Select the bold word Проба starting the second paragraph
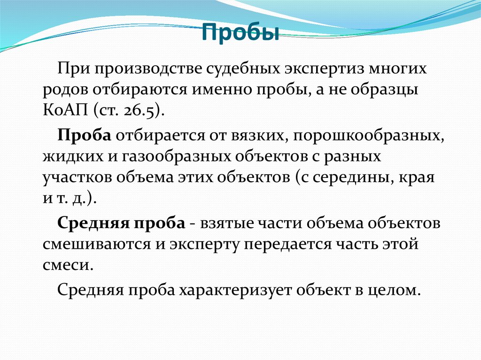[x=84, y=136]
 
